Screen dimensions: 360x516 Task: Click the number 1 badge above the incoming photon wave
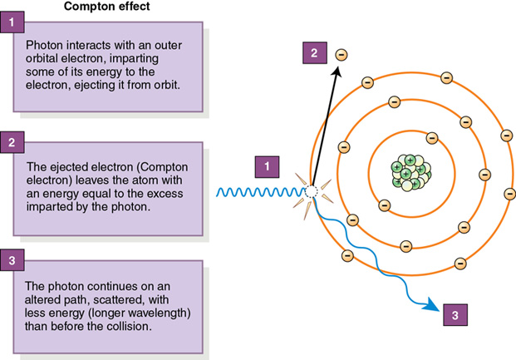266,166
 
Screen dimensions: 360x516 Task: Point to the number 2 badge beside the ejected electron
314,54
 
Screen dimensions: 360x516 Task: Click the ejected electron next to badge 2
341,55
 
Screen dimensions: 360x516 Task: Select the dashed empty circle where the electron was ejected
311,192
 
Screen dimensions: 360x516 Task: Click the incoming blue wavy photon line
258,192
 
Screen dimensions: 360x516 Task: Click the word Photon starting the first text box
45,43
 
